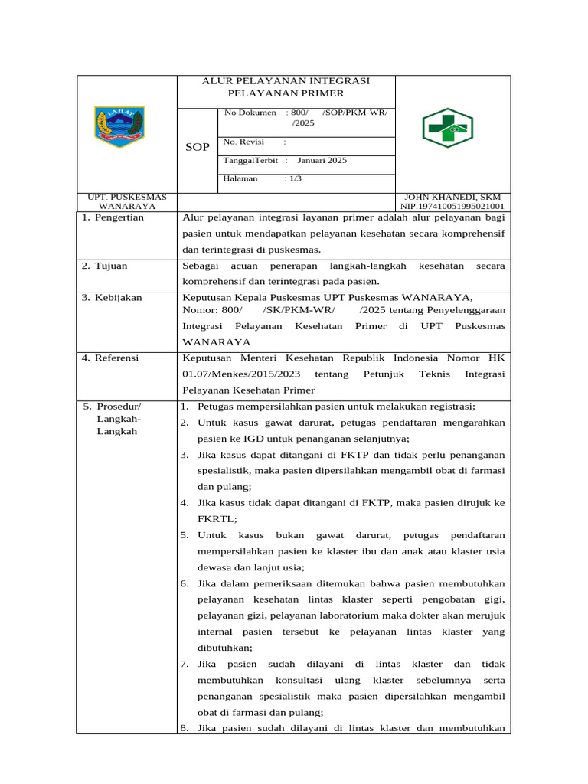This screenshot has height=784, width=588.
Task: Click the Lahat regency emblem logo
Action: coord(119,127)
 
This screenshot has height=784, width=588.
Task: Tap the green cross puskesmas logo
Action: coord(448,128)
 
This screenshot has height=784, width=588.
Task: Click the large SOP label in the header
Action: coord(198,147)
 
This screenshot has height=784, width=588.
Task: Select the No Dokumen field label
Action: coord(250,113)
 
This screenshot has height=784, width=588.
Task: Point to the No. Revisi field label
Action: coord(243,142)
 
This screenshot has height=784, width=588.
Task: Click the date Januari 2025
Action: coord(322,160)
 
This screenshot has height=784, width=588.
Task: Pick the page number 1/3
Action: coord(294,178)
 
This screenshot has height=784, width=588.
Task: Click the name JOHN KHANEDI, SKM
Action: coord(452,197)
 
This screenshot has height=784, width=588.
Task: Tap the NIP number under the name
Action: coord(452,206)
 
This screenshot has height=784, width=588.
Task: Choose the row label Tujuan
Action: coord(111,266)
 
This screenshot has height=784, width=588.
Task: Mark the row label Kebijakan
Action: coord(118,297)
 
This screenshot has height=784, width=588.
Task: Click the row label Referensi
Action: coord(119,358)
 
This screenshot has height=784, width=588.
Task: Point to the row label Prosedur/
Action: coord(119,406)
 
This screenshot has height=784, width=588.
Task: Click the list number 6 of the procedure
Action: coord(185,583)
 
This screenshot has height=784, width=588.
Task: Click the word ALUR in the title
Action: coord(217,81)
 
